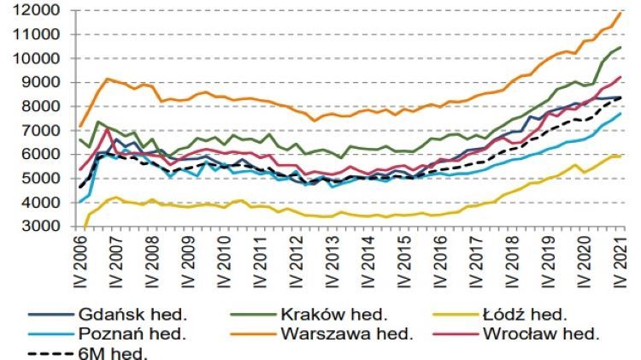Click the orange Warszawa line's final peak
coord(620,12)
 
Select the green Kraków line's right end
coord(620,48)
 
